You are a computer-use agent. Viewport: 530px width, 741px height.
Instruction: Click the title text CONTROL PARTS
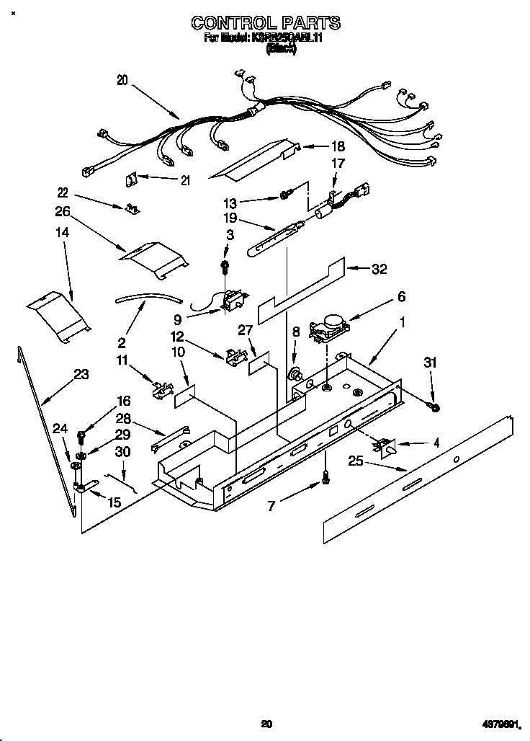pyautogui.click(x=265, y=24)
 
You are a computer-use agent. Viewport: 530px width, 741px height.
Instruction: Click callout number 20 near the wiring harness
pyautogui.click(x=122, y=81)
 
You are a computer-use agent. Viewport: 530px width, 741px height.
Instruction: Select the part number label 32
pyautogui.click(x=379, y=269)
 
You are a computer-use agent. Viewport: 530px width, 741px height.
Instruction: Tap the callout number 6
pyautogui.click(x=401, y=296)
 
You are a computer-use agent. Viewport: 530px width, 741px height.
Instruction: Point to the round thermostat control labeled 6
pyautogui.click(x=330, y=325)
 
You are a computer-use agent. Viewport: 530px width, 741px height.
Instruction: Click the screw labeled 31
pyautogui.click(x=434, y=409)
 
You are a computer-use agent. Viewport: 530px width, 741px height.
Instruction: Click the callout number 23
pyautogui.click(x=81, y=374)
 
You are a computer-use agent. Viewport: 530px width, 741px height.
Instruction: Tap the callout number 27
pyautogui.click(x=245, y=329)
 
